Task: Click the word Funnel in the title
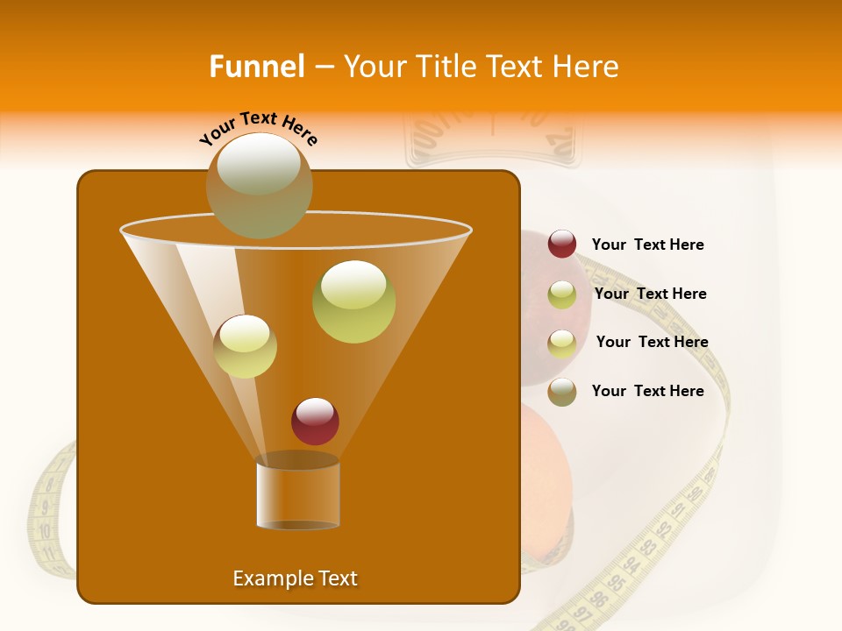[256, 67]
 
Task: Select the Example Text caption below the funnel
[295, 578]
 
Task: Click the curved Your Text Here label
[259, 128]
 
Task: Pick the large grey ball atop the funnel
[259, 185]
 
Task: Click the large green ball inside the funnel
[353, 301]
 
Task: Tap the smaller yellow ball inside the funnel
[245, 346]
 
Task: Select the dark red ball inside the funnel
[315, 422]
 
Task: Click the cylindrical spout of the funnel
[297, 493]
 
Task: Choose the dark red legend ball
[562, 244]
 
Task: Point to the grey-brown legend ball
[562, 392]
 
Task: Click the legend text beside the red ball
[647, 245]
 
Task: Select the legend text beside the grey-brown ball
[647, 391]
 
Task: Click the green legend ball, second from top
[562, 294]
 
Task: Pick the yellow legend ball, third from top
[562, 343]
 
